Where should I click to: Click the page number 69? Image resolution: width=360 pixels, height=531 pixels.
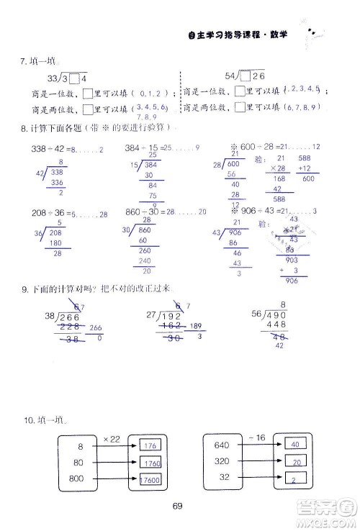tap(179, 504)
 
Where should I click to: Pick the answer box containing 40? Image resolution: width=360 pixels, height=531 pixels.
tap(295, 445)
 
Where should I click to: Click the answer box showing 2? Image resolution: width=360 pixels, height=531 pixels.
tap(295, 478)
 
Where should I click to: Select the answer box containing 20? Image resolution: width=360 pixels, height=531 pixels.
tap(295, 462)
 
